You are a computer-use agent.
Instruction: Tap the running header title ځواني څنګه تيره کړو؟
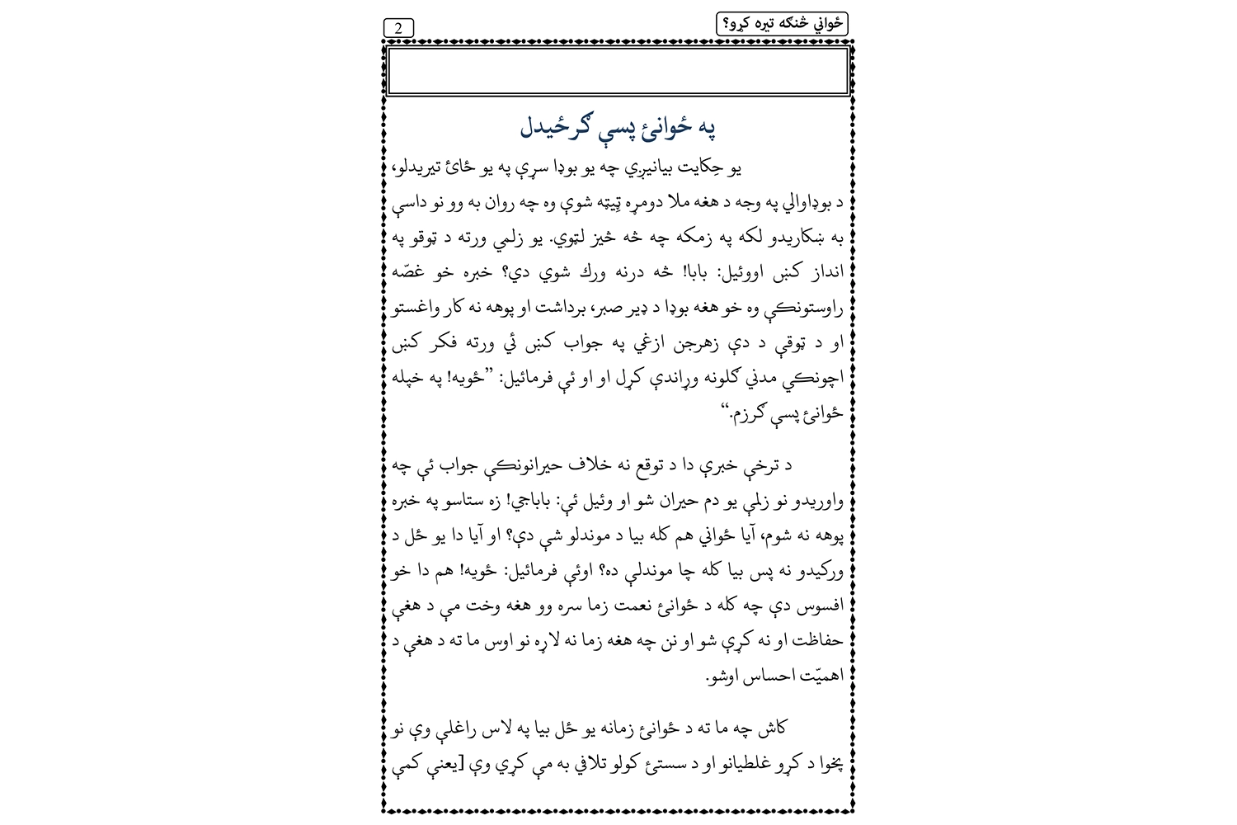[x=782, y=24]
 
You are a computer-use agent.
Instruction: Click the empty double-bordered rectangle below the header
[x=618, y=72]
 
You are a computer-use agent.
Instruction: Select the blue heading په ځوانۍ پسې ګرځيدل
[x=618, y=128]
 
